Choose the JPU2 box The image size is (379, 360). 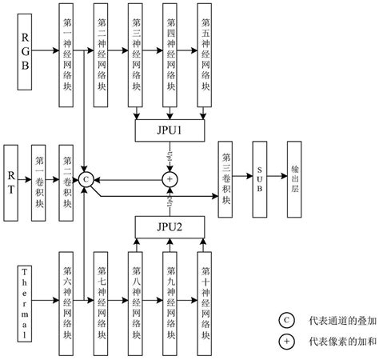tap(169, 228)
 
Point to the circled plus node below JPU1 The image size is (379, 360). tap(169, 178)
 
